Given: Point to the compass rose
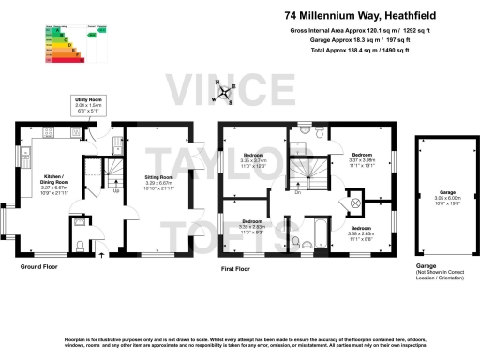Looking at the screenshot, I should (223, 93).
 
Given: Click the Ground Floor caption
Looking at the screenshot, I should (39, 267).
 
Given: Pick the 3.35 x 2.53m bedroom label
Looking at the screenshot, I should (253, 226).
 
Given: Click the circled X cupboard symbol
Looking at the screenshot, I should (355, 202).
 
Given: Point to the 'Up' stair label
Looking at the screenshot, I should (116, 192).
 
